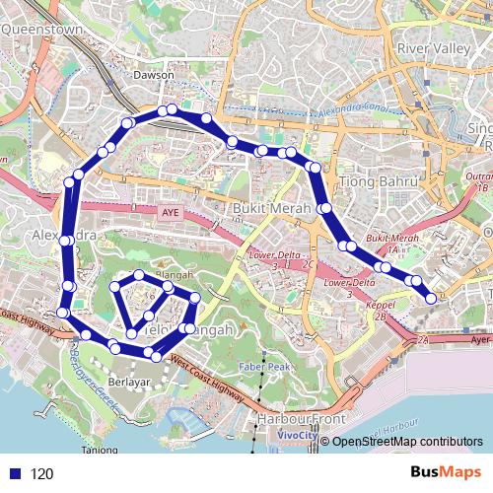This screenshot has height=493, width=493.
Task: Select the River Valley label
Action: [x=428, y=48]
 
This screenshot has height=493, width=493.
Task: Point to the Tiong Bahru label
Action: [x=366, y=181]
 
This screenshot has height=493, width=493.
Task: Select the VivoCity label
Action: [x=297, y=434]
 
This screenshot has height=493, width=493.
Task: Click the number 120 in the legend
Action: [x=41, y=474]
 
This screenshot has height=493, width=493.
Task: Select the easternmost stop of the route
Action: [x=431, y=298]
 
